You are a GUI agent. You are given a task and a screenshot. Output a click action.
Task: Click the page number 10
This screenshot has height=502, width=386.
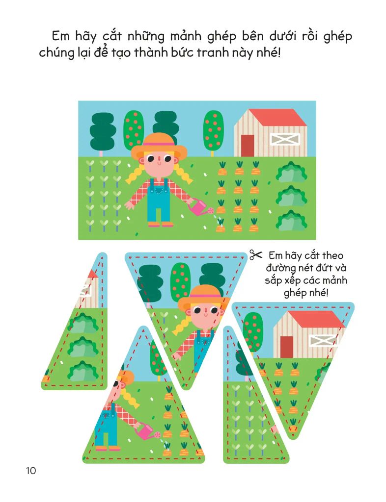[x=31, y=471]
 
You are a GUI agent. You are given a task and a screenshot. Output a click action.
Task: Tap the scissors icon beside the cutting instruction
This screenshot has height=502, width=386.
[x=256, y=255]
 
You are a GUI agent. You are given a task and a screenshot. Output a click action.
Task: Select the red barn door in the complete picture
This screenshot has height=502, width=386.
[x=247, y=145]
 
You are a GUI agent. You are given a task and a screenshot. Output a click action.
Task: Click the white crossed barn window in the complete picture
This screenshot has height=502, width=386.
[x=285, y=139]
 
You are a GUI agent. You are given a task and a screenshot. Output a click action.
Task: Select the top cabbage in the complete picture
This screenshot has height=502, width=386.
[x=291, y=172]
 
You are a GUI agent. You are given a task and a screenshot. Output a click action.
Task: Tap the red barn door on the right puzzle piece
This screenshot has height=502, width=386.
[x=286, y=347]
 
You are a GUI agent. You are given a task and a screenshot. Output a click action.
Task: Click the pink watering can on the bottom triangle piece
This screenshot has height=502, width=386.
[x=147, y=432]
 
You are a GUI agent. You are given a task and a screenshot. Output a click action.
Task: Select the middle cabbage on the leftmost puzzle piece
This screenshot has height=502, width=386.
[x=83, y=348]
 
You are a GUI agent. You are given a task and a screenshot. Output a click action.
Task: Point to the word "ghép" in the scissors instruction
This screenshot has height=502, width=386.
[x=306, y=293]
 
